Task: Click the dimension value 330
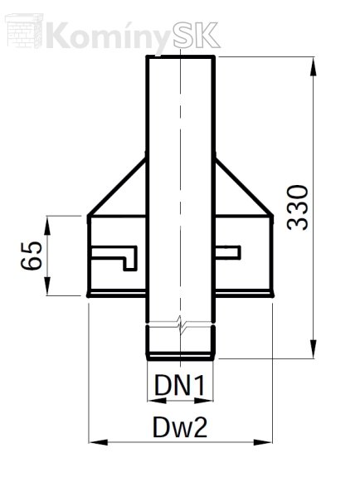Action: coord(297,207)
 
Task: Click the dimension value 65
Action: coord(32,256)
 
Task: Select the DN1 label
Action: coord(180,385)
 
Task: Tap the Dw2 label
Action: coord(180,427)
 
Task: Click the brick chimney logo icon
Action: coord(24,31)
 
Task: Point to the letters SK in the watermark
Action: coord(197,35)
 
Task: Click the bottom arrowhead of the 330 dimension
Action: coord(313,349)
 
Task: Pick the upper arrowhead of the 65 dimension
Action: coord(47,226)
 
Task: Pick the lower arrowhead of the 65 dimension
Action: coord(47,286)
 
